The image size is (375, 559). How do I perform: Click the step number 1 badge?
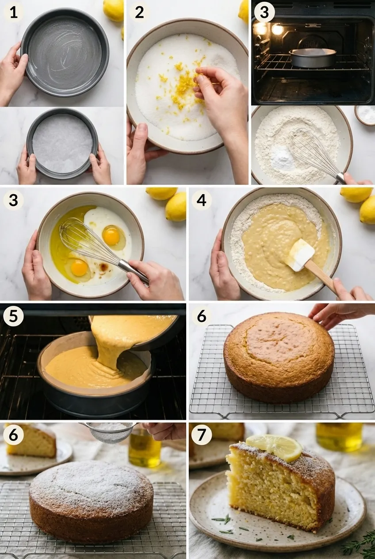[14, 12]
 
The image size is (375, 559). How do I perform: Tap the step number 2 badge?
[139, 12]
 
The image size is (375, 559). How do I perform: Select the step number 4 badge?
[201, 200]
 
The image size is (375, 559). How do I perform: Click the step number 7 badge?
[201, 435]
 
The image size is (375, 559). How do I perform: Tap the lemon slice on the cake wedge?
[275, 446]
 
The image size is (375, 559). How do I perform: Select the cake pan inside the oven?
[312, 58]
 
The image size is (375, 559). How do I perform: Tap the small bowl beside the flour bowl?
[365, 115]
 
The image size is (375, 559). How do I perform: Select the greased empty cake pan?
[65, 52]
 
